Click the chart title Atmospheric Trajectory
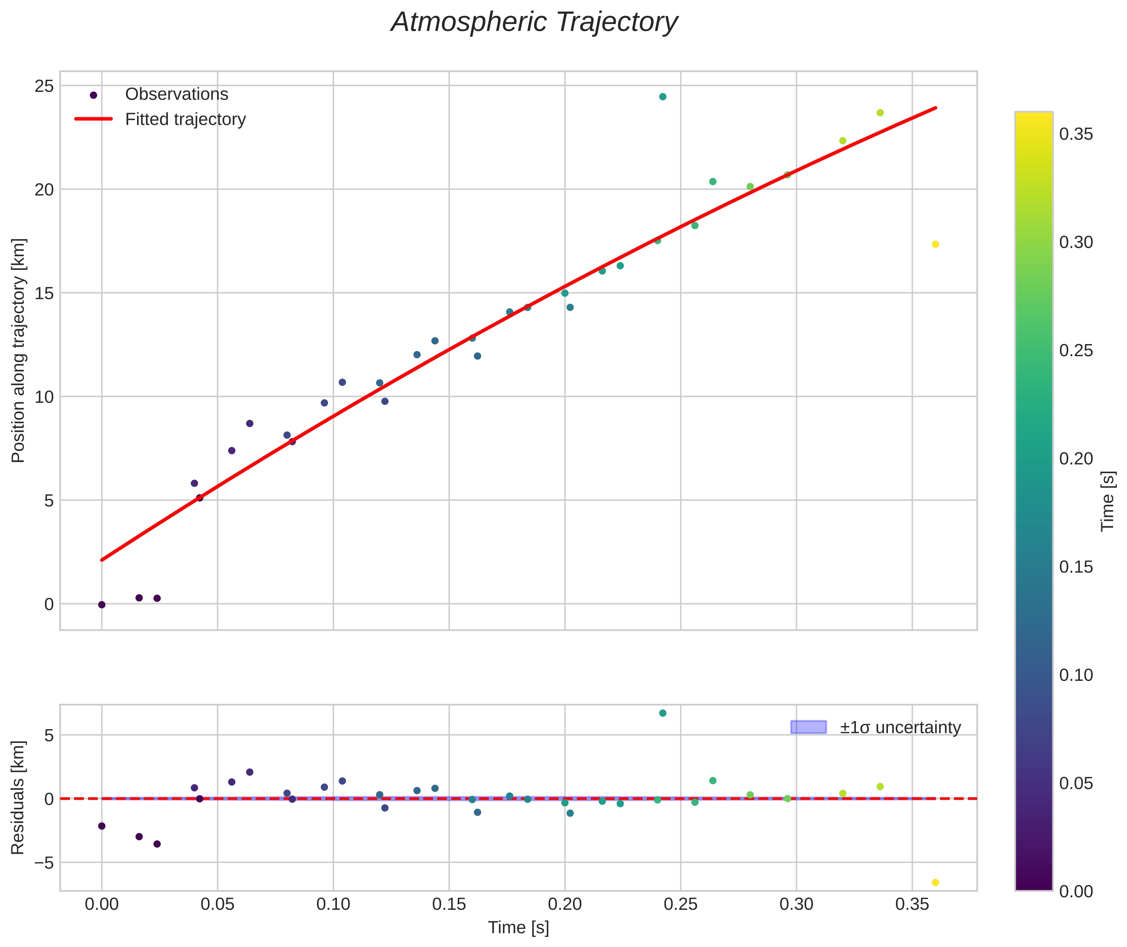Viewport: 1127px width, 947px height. point(534,22)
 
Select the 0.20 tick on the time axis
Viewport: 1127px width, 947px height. point(565,904)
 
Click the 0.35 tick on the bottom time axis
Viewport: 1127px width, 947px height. point(912,904)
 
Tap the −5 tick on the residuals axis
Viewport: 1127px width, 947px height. point(42,863)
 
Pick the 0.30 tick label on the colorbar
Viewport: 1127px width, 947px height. point(1076,242)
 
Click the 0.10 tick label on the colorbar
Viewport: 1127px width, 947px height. point(1076,675)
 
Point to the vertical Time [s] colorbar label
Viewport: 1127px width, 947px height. point(1108,501)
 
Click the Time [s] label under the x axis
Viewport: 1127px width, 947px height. point(518,928)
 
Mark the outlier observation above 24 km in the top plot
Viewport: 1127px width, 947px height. point(662,97)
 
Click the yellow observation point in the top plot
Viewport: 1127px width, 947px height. point(935,244)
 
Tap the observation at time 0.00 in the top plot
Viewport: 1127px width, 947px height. point(102,605)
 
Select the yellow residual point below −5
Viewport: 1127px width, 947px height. point(935,882)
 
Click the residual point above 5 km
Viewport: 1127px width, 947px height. point(662,713)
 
